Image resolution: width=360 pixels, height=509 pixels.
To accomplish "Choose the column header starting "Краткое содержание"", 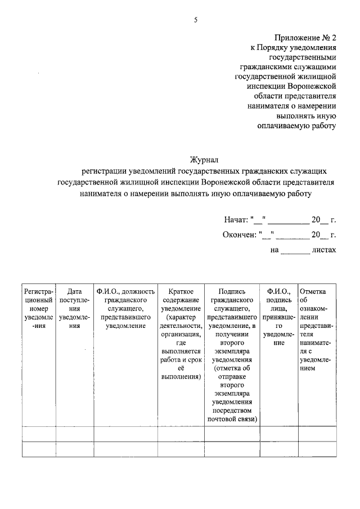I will (181, 334).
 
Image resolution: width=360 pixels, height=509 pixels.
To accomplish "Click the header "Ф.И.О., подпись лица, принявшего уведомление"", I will (278, 316).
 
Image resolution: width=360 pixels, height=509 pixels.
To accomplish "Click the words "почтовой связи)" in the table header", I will (232, 419).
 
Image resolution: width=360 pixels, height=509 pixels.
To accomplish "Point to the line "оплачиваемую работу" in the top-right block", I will (296, 125).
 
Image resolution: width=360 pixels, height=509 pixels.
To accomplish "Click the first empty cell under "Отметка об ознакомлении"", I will (318, 434).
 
